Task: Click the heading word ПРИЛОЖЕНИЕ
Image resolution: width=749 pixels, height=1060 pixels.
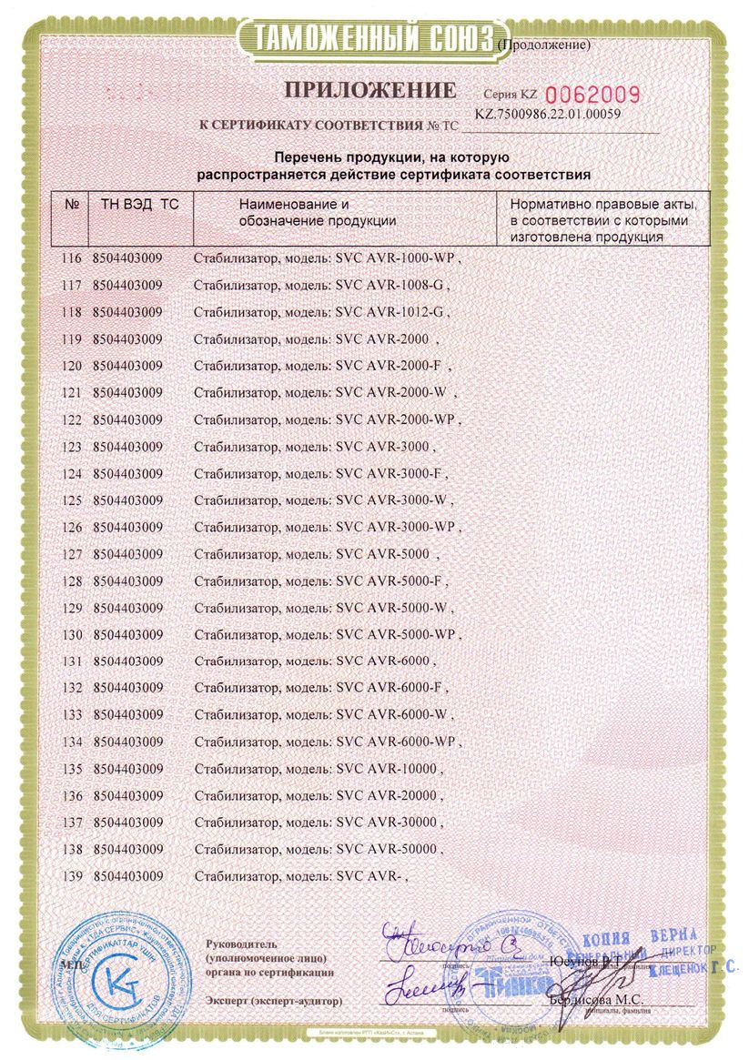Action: coord(369,90)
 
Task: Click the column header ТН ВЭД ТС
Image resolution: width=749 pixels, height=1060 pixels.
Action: coord(134,205)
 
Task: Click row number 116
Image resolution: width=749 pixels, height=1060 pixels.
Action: coord(70,259)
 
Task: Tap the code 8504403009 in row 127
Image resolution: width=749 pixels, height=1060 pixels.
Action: coord(127,553)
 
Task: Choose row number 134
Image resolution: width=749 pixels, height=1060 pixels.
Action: coord(70,742)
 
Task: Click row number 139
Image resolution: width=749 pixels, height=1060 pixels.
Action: coord(70,876)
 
